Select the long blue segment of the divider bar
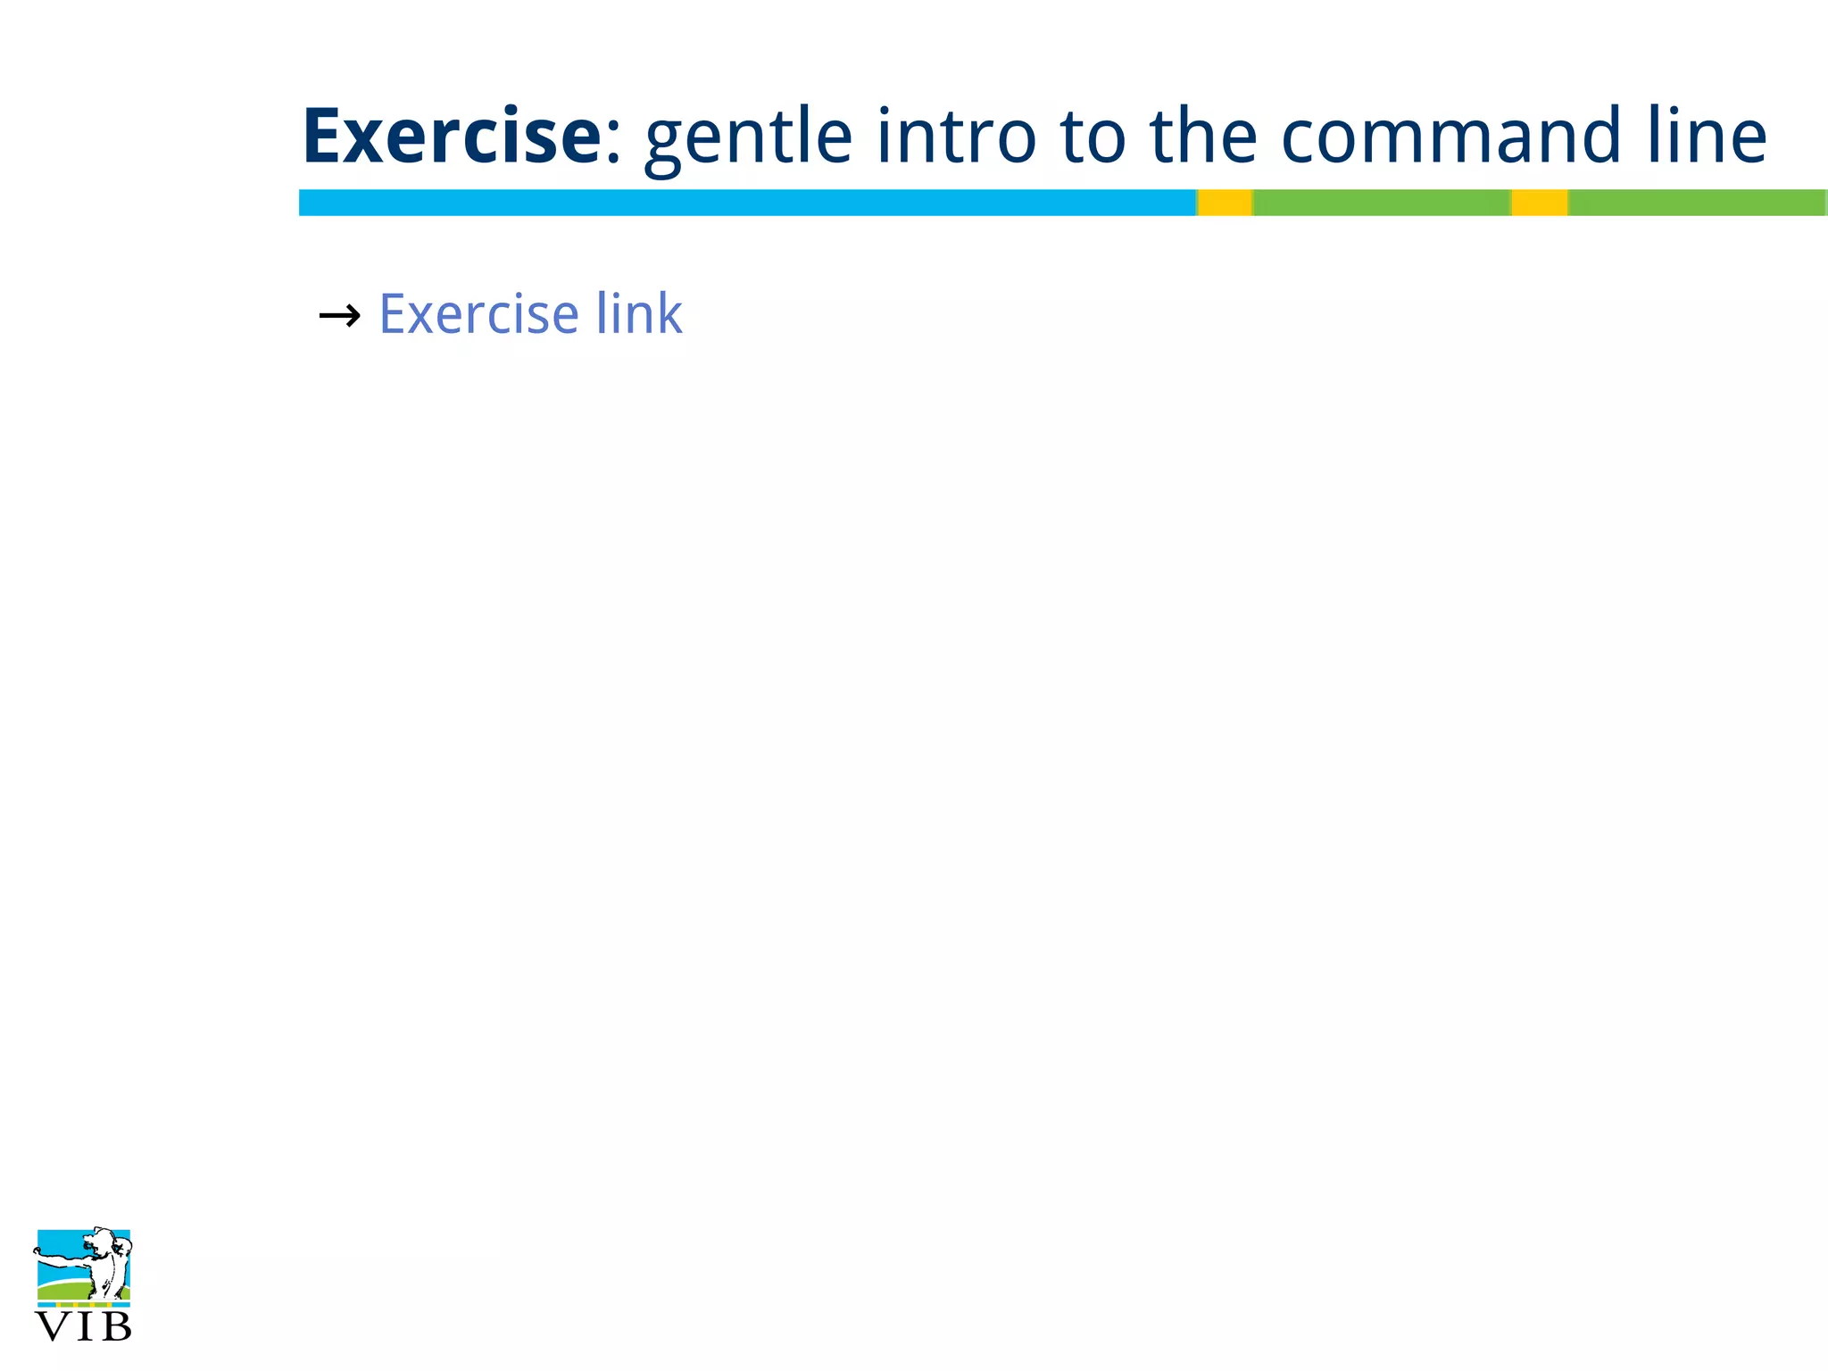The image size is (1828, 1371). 746,203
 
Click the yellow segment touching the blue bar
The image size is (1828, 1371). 1224,203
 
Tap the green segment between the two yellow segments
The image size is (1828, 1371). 1381,203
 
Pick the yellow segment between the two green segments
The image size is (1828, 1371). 1539,203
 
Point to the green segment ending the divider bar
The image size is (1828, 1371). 1697,203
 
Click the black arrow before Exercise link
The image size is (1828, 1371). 339,315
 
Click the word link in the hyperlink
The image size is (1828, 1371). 639,314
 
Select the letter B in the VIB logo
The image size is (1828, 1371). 116,1327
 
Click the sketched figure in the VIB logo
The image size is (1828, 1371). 105,1263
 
